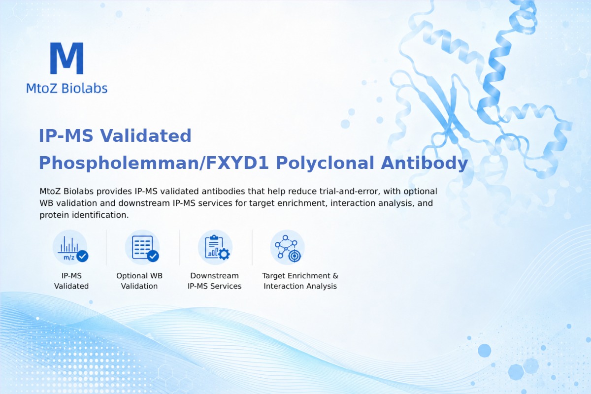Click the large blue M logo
point(67,58)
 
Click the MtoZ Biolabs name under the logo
point(67,88)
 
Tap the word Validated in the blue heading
point(145,135)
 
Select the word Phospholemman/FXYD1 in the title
point(154,163)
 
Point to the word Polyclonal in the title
point(325,163)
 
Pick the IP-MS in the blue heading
point(66,135)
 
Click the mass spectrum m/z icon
point(70,248)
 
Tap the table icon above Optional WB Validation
point(142,248)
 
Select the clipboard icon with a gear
point(215,248)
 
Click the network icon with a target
point(287,248)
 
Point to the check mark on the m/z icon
point(82,256)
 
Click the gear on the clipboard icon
point(224,254)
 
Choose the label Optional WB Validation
point(139,281)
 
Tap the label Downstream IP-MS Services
point(215,281)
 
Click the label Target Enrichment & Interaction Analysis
point(300,281)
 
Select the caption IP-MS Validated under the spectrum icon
point(71,281)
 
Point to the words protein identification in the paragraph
point(84,215)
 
